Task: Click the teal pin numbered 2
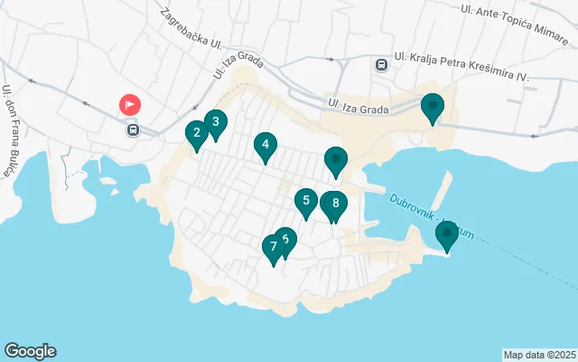click(196, 135)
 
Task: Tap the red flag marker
click(130, 104)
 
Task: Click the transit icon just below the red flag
click(134, 129)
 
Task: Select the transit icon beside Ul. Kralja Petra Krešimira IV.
click(381, 64)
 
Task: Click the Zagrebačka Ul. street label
click(191, 29)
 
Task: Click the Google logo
click(30, 351)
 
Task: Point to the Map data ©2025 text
click(539, 355)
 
